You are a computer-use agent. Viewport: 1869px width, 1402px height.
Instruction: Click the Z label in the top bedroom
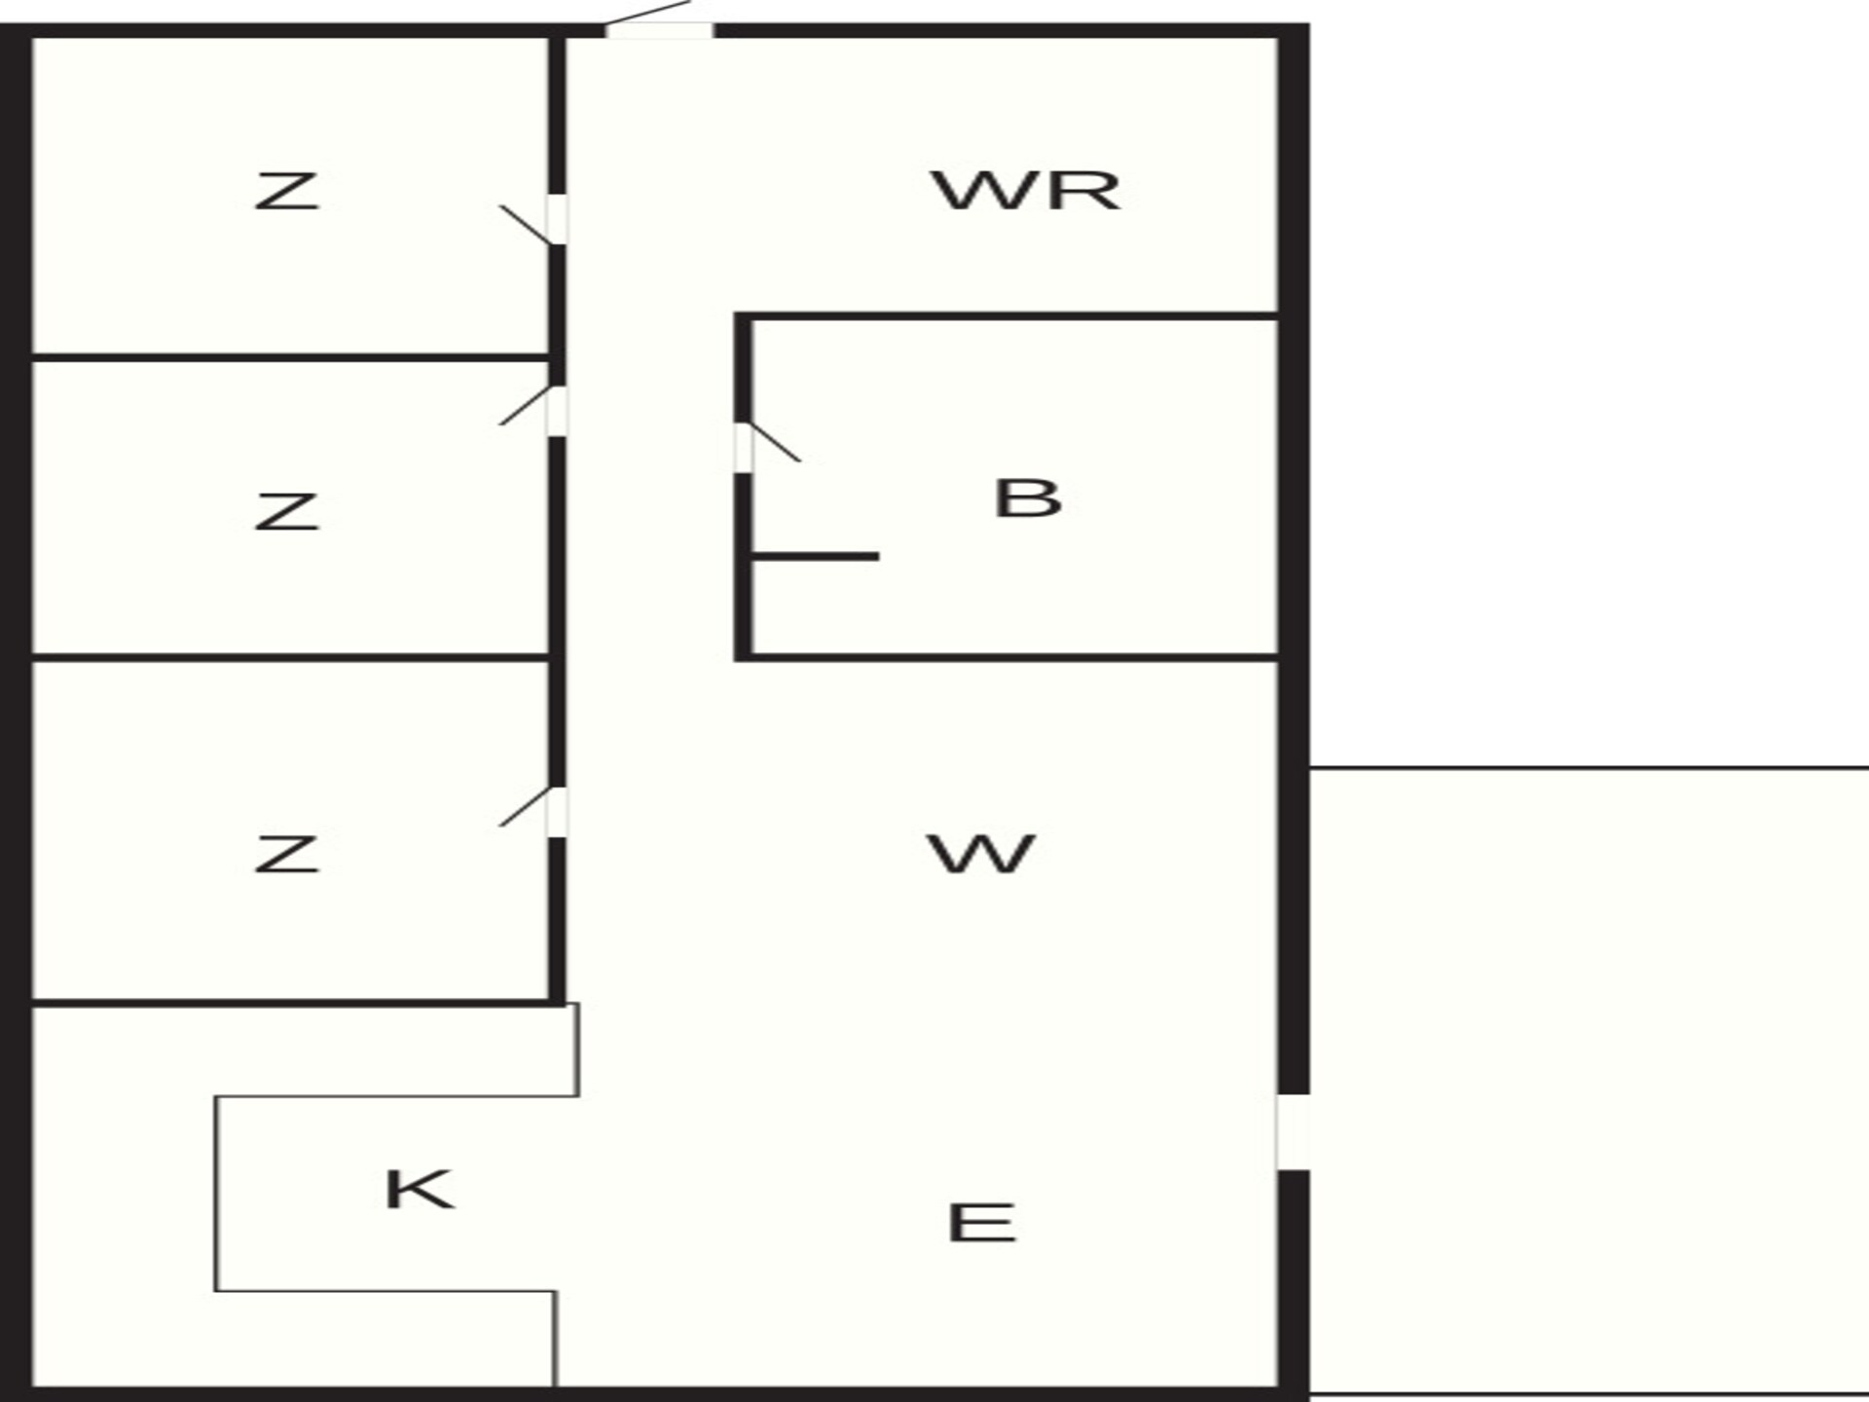[287, 191]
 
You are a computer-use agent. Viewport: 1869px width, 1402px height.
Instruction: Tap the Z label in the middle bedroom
[287, 511]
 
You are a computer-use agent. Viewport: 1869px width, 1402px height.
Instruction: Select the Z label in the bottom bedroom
[287, 854]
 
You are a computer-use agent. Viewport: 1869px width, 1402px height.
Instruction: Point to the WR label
[1026, 191]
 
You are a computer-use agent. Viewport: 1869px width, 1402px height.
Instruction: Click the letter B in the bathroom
[1027, 498]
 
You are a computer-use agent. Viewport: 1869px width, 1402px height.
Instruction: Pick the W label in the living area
[980, 854]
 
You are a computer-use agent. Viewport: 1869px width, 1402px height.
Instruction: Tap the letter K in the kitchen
[419, 1189]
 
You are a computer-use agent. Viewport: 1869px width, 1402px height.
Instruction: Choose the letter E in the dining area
[981, 1223]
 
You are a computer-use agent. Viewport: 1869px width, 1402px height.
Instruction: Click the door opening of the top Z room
[557, 219]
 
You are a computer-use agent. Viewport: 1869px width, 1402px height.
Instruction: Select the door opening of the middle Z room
[557, 411]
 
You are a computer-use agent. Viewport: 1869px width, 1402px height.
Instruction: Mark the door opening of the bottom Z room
[557, 812]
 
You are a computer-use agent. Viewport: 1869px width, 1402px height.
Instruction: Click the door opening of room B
[743, 448]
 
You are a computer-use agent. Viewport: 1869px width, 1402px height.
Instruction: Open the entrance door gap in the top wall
[659, 31]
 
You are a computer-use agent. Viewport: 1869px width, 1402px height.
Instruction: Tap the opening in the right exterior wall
[1293, 1131]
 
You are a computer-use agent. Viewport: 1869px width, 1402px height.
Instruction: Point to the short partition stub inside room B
[816, 557]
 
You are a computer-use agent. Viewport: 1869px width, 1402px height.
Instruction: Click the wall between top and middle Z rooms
[290, 358]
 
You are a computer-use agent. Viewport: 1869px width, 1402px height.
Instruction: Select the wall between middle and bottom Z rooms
[290, 658]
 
